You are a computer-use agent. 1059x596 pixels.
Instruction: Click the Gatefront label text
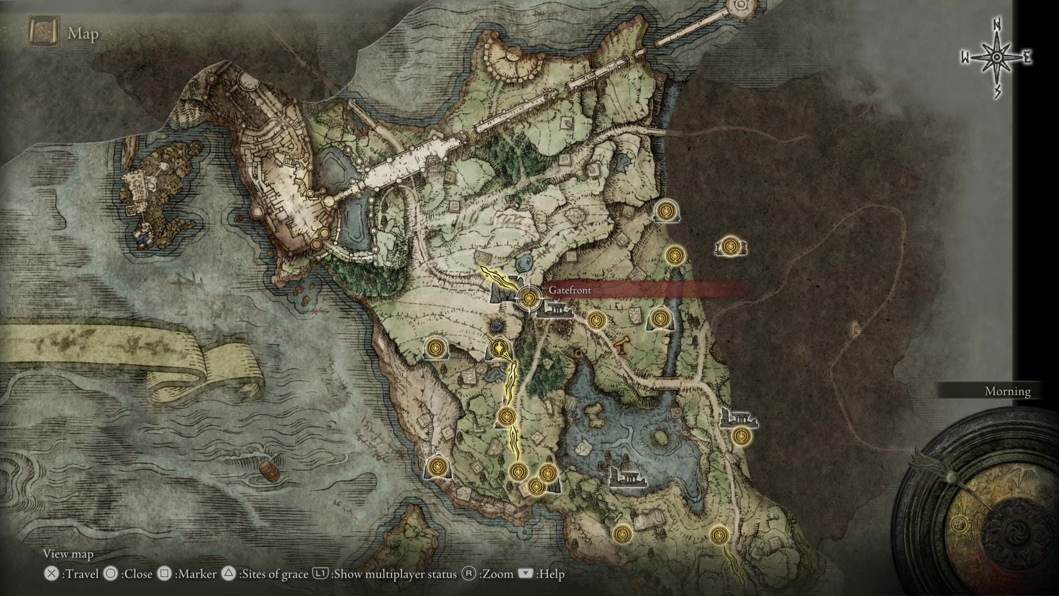570,290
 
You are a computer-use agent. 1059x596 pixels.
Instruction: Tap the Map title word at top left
83,34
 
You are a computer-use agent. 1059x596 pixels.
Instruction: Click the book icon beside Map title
44,33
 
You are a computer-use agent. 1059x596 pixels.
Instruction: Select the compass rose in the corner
997,58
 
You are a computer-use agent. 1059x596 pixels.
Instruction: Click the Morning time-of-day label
1007,391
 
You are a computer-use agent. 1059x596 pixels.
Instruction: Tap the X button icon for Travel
51,574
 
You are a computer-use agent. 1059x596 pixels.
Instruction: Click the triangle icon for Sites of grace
228,574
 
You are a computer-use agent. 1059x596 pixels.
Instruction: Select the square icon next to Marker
164,574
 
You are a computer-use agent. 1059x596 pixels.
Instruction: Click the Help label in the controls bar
551,574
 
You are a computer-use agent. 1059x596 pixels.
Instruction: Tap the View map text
68,554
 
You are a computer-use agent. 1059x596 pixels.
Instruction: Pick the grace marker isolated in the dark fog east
731,246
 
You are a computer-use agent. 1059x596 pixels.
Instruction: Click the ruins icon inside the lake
626,476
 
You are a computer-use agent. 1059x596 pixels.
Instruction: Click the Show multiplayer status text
395,574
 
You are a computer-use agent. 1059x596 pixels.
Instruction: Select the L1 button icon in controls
320,574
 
